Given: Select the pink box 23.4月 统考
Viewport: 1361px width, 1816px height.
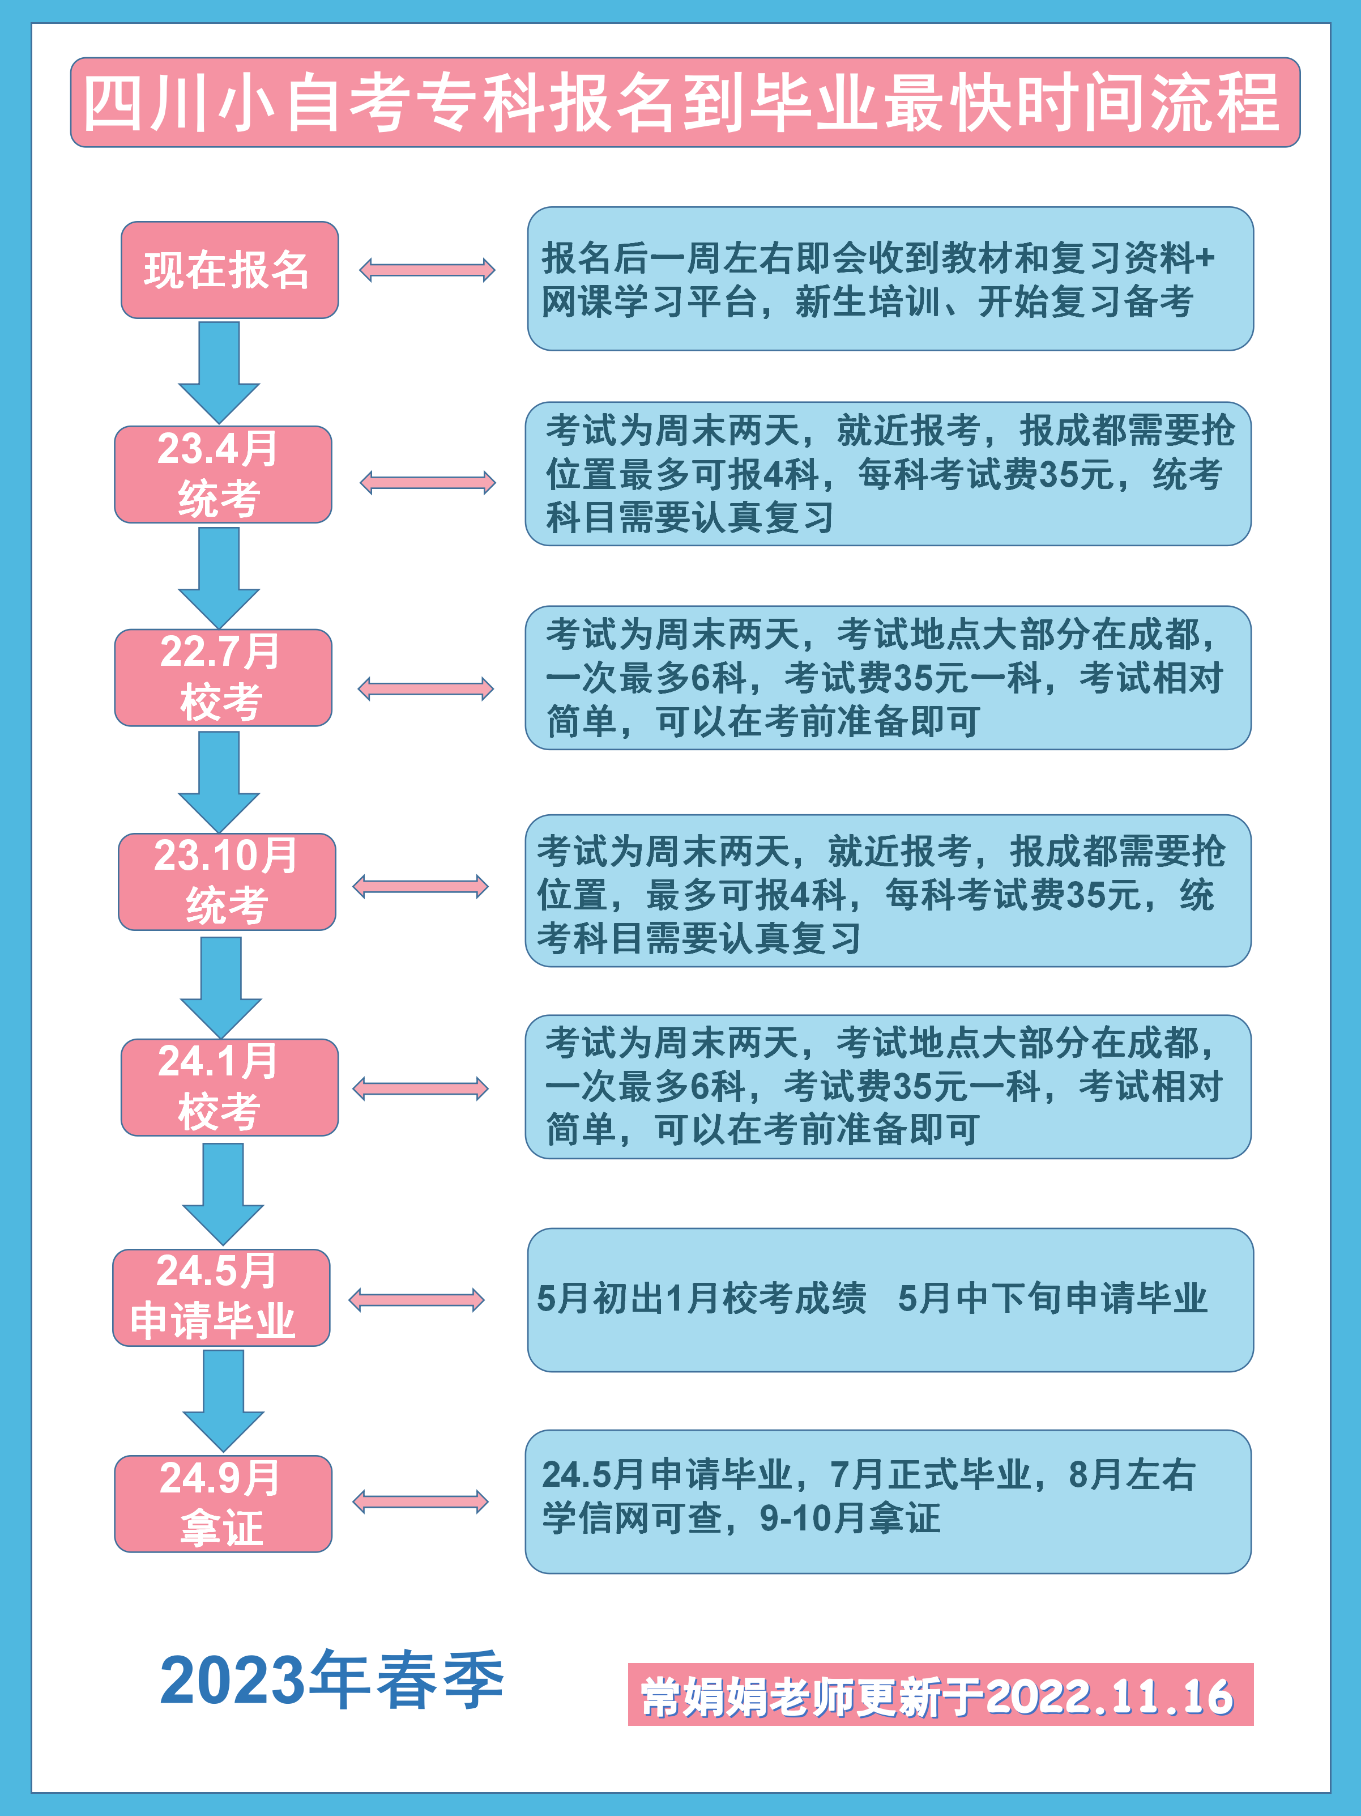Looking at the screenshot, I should click(x=223, y=474).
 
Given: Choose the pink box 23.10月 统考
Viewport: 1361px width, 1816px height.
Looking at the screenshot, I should click(x=227, y=881).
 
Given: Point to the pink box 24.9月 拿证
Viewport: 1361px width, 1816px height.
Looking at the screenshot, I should click(x=223, y=1503).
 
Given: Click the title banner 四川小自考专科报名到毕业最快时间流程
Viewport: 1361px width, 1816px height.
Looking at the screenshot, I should click(x=685, y=103).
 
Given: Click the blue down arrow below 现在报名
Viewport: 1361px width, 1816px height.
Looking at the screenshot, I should click(x=219, y=371).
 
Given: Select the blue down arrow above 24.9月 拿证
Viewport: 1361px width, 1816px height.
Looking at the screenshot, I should click(x=223, y=1400).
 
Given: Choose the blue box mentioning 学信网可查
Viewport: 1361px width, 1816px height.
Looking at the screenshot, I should click(x=888, y=1501).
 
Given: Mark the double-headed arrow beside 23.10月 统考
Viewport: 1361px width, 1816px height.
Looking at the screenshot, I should click(x=420, y=887).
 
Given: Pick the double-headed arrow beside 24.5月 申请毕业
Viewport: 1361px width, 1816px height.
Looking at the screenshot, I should click(x=416, y=1300).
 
